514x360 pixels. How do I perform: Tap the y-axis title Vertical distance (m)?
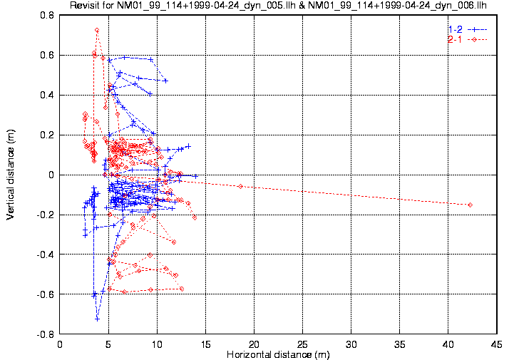point(11,174)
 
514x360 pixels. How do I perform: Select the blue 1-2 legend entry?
point(466,29)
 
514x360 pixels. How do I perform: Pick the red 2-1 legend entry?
point(466,39)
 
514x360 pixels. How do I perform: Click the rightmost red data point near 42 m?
point(470,205)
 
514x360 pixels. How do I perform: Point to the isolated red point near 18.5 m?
point(240,186)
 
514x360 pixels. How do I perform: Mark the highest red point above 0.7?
point(97,31)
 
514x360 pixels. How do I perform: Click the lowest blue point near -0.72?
point(98,319)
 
